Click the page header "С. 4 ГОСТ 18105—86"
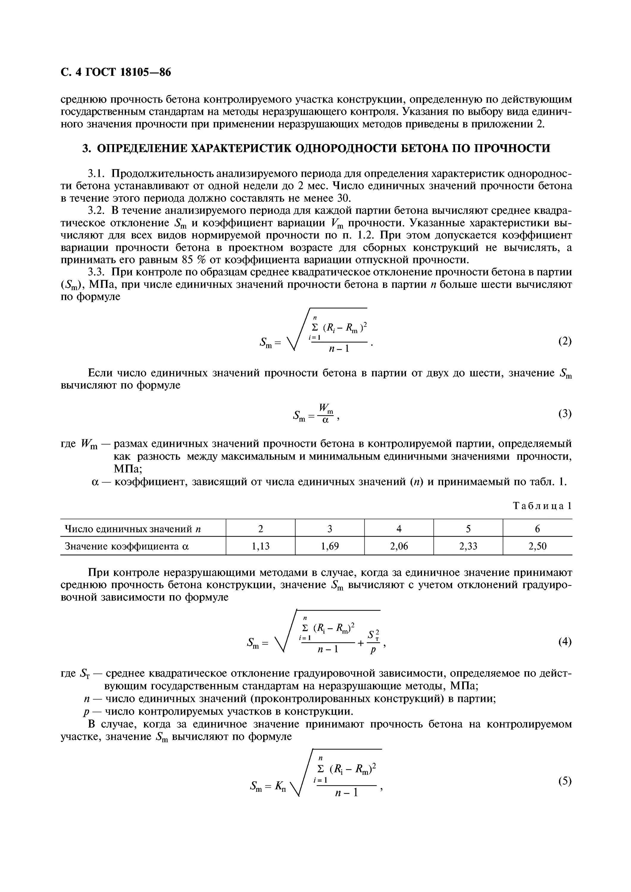pyautogui.click(x=116, y=72)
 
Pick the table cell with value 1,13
pyautogui.click(x=260, y=546)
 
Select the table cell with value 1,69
pyautogui.click(x=330, y=546)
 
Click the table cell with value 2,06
pyautogui.click(x=399, y=546)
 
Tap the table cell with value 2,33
pyautogui.click(x=468, y=546)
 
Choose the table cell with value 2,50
pyautogui.click(x=537, y=546)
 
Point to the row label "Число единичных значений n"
pyautogui.click(x=132, y=529)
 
